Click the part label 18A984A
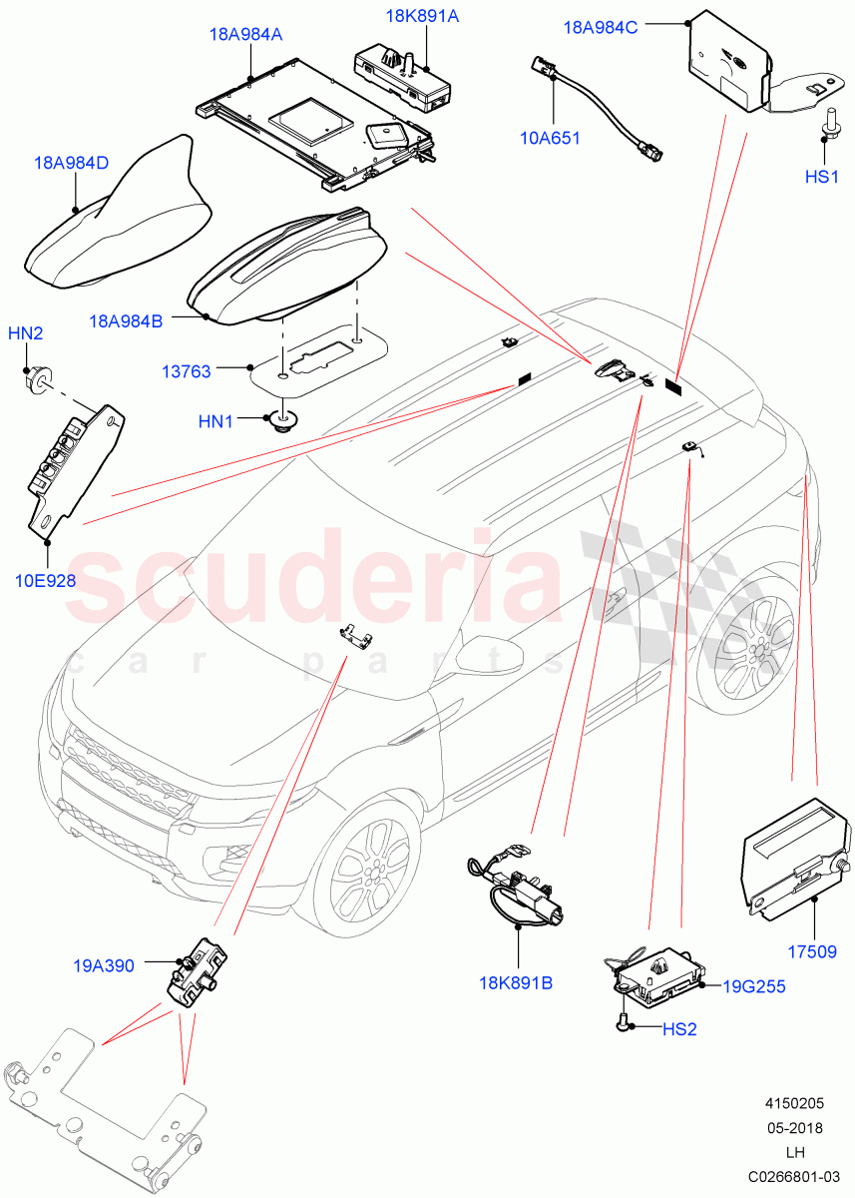245,35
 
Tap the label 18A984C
601,28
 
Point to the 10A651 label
550,139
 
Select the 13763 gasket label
187,371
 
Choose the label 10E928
45,580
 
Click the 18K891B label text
516,982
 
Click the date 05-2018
794,1128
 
